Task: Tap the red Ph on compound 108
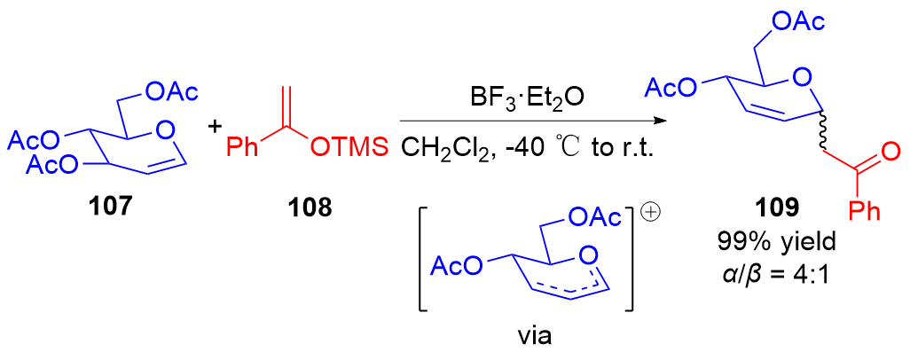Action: pyautogui.click(x=245, y=146)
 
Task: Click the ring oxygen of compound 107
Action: pyautogui.click(x=161, y=134)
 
